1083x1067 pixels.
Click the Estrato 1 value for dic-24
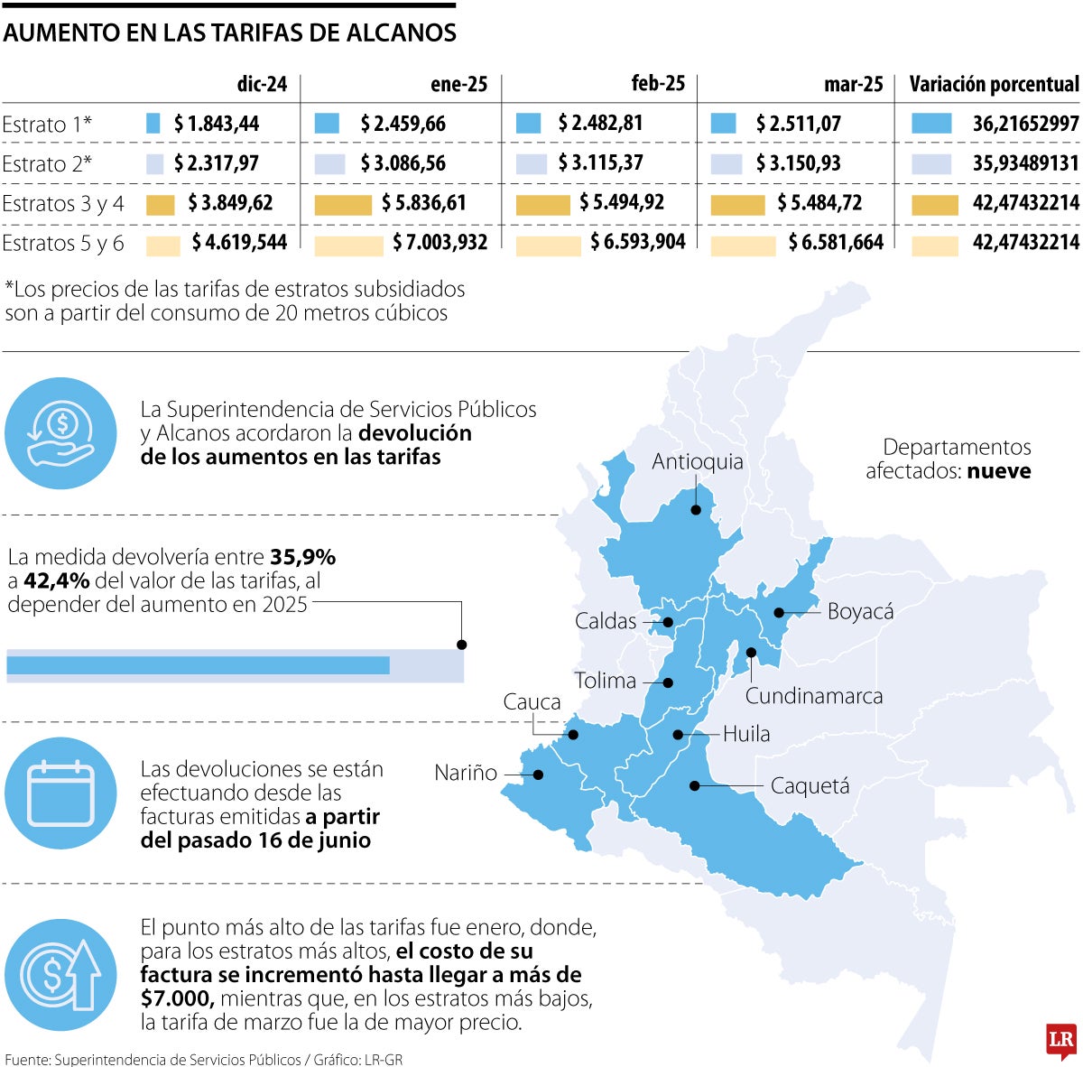coord(217,124)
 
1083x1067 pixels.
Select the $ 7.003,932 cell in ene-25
coord(440,242)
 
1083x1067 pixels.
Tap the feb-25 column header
coord(658,84)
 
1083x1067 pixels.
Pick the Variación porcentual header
coord(994,85)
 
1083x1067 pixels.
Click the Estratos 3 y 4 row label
coord(63,203)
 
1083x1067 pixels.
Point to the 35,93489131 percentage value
coord(1025,163)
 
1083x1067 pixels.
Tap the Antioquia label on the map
coord(698,461)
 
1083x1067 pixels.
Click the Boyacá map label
coord(860,611)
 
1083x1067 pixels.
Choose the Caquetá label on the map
coord(810,786)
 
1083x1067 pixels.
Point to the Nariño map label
coord(466,773)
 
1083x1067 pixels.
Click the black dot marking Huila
coord(678,735)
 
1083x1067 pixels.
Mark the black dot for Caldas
coord(668,622)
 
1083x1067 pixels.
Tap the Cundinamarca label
coord(813,696)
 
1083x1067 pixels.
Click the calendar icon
coord(60,793)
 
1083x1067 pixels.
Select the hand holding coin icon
coord(60,432)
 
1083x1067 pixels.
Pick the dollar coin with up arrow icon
coord(60,975)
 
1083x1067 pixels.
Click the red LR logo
coord(1060,1040)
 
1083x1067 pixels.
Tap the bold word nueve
coord(999,470)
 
